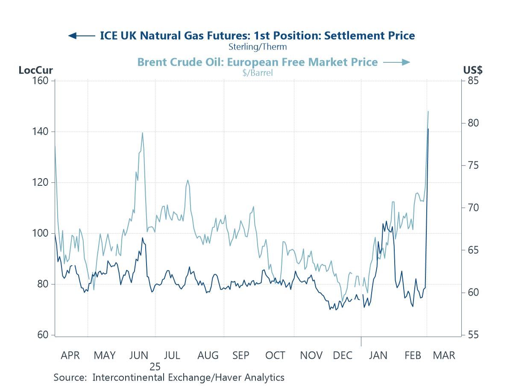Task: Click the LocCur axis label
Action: (x=35, y=70)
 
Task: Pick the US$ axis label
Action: (x=473, y=70)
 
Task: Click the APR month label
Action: (x=70, y=355)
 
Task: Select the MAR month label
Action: (x=444, y=355)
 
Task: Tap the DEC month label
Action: (x=343, y=355)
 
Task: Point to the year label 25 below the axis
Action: (x=155, y=366)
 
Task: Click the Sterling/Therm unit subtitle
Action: (x=258, y=47)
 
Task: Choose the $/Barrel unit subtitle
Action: (x=257, y=73)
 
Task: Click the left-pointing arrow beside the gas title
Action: (x=81, y=35)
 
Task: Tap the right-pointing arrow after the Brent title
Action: (x=397, y=62)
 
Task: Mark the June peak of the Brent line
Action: (x=142, y=133)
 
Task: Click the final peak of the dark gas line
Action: (x=428, y=129)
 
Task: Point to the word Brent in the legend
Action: (x=152, y=62)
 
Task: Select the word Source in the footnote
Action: (x=70, y=378)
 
